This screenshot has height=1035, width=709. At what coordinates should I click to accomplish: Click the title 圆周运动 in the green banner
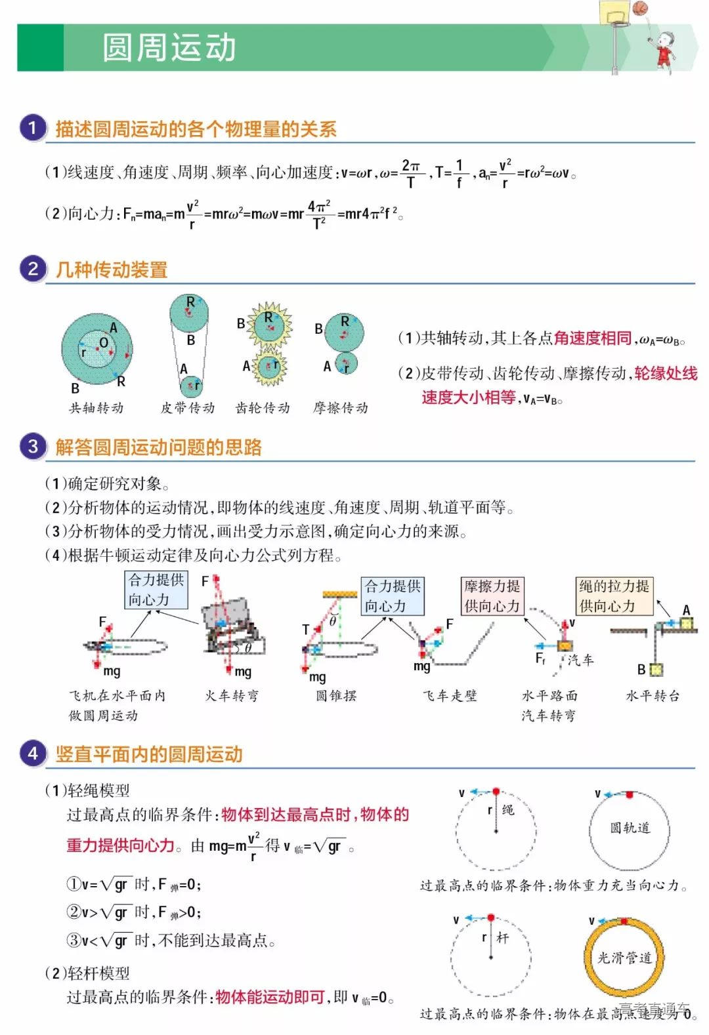[x=169, y=48]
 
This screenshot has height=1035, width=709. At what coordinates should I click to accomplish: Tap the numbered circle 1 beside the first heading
[x=32, y=127]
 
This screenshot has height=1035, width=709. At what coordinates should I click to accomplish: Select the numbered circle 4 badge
[x=32, y=753]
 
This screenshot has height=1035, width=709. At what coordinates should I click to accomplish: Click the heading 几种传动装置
[x=112, y=270]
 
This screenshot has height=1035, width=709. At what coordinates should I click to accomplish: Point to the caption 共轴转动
[x=97, y=408]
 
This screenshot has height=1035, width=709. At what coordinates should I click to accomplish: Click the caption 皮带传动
[x=188, y=408]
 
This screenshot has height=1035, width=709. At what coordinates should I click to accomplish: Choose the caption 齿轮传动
[x=263, y=408]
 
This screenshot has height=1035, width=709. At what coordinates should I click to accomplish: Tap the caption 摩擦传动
[x=340, y=408]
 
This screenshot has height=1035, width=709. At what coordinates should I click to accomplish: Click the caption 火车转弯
[x=232, y=695]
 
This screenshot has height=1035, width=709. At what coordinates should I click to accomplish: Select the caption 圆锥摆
[x=336, y=695]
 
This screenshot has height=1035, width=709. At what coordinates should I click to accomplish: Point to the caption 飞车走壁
[x=450, y=695]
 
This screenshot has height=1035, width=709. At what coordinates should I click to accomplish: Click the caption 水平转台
[x=653, y=695]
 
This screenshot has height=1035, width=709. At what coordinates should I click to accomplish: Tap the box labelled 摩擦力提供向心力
[x=492, y=596]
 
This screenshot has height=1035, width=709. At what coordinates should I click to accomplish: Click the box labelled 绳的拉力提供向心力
[x=614, y=596]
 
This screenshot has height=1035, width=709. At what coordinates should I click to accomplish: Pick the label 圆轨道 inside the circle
[x=630, y=828]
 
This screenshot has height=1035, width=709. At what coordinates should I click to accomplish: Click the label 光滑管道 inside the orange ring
[x=624, y=958]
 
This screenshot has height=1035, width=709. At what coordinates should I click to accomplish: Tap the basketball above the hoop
[x=640, y=8]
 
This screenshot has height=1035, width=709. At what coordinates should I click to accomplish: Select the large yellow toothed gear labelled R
[x=269, y=324]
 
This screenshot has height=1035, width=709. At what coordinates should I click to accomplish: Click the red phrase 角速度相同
[x=592, y=338]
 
